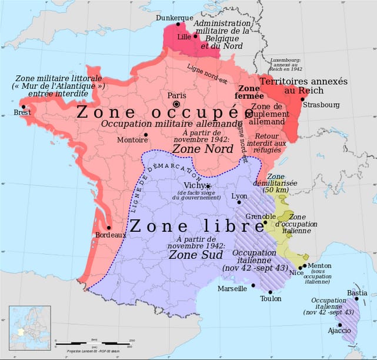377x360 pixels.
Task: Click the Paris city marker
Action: coord(176,104)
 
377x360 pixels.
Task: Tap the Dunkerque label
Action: coord(175,18)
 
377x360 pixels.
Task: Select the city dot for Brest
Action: coord(24,106)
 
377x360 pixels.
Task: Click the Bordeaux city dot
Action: coord(109,228)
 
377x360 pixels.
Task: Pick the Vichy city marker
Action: coord(208,186)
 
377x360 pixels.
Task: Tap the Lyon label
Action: coord(239,196)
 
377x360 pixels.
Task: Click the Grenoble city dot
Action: coord(265,222)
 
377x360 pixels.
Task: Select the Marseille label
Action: coord(232,289)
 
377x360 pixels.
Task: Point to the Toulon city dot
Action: coord(269,292)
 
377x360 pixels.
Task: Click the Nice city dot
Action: coord(301,268)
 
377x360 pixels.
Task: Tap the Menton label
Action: coord(320,266)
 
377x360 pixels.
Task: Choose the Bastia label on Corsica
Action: coord(358,292)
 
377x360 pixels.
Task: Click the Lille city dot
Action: coord(195,36)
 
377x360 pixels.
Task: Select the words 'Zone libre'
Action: coord(197,225)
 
